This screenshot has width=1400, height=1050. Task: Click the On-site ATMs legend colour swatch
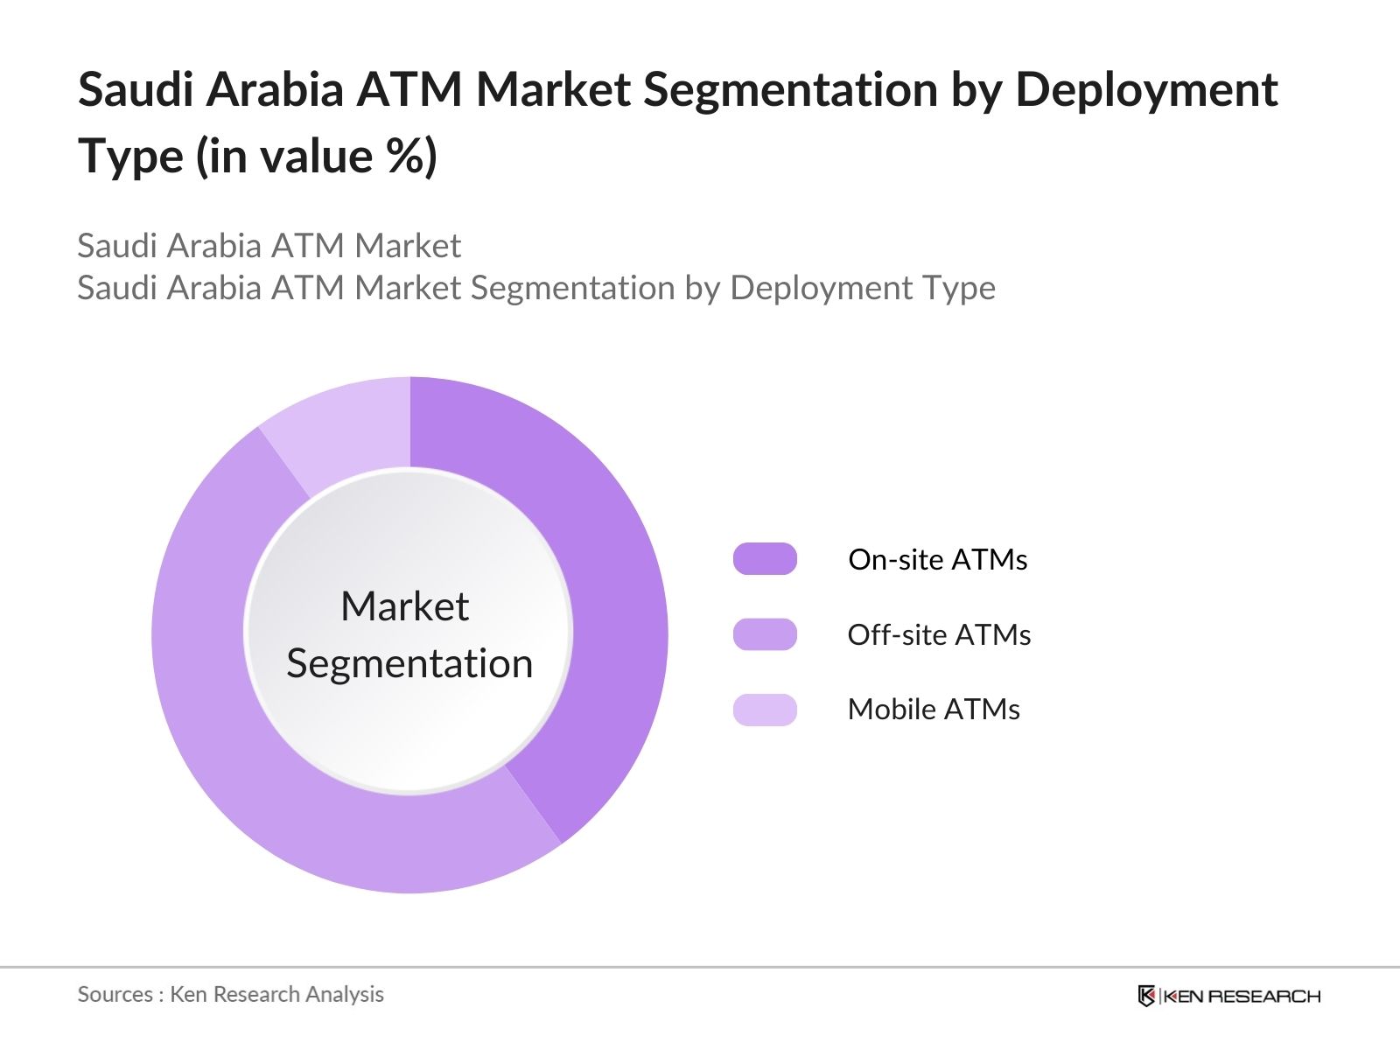765,559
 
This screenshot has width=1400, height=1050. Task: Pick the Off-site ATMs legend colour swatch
765,634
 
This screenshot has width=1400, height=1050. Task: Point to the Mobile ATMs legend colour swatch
765,710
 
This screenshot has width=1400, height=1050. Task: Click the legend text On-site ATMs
937,560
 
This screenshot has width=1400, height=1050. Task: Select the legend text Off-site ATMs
939,635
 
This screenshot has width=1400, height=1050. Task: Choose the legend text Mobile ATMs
934,710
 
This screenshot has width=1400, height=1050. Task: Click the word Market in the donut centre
404,606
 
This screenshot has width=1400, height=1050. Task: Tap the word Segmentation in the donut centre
409,663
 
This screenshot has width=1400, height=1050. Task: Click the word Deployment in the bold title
1146,91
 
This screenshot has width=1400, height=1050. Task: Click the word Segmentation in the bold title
790,91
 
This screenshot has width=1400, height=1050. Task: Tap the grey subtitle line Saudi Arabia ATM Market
269,246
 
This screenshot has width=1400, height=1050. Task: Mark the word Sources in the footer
115,994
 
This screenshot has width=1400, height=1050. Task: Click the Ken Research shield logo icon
1146,996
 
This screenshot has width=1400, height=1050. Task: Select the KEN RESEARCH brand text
1242,997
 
